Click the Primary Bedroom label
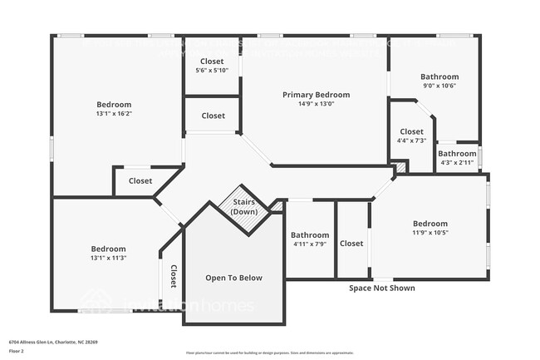pos(316,95)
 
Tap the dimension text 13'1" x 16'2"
pos(113,114)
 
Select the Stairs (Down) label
pos(244,207)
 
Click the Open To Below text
pos(233,278)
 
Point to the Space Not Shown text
pos(381,288)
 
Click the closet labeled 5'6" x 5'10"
pos(213,70)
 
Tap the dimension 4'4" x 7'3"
pos(411,141)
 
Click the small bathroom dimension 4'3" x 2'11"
pos(457,163)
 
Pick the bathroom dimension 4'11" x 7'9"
pos(309,244)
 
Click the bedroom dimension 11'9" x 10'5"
pos(430,233)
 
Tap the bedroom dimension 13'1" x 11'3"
pos(108,258)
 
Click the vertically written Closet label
pos(173,276)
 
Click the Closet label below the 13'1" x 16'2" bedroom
pos(140,180)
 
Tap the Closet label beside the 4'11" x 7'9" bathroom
pos(351,244)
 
